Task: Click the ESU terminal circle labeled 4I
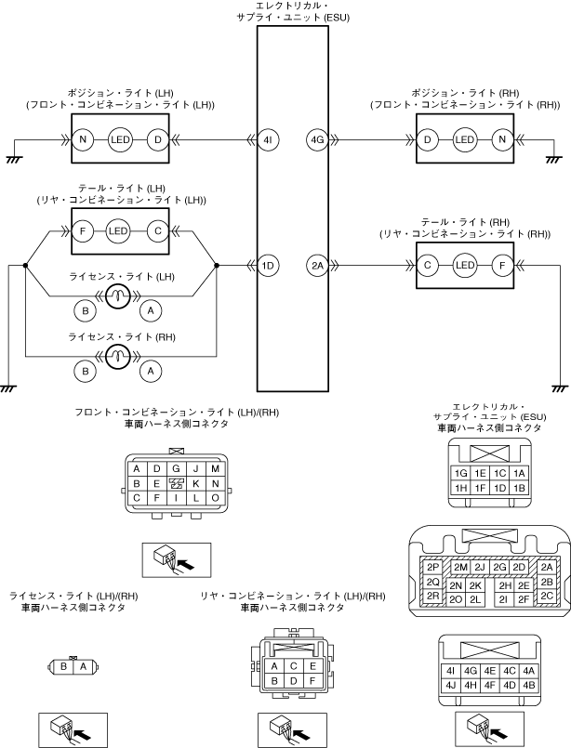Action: pyautogui.click(x=268, y=139)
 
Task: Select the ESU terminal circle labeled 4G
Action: pyautogui.click(x=317, y=139)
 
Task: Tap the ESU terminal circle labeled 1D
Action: pyautogui.click(x=268, y=265)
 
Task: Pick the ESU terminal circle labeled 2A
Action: pyautogui.click(x=317, y=265)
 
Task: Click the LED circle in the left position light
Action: pyautogui.click(x=120, y=139)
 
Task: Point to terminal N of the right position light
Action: pyautogui.click(x=502, y=139)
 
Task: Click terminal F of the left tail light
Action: pyautogui.click(x=83, y=231)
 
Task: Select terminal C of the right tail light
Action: pyautogui.click(x=427, y=265)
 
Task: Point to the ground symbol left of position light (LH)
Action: pyautogui.click(x=13, y=159)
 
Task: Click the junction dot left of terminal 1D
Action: pyautogui.click(x=217, y=265)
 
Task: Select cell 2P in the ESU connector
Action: pyautogui.click(x=432, y=567)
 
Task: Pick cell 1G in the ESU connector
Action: pyautogui.click(x=460, y=473)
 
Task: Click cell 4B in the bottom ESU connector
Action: pyautogui.click(x=528, y=686)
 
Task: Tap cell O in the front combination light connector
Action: pyautogui.click(x=215, y=498)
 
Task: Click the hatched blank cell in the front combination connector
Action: pyautogui.click(x=176, y=484)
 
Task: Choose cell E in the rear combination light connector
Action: pyautogui.click(x=312, y=666)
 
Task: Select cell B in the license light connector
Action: pyautogui.click(x=63, y=666)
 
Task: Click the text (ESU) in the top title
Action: pyautogui.click(x=337, y=18)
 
